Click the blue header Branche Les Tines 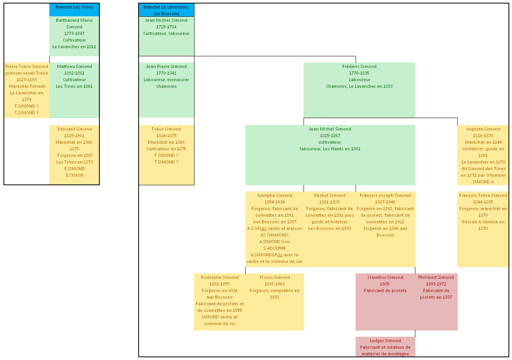click(74, 7)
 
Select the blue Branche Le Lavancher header click(166, 10)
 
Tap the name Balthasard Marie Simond click(74, 23)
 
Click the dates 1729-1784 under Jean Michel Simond click(166, 27)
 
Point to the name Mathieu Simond click(74, 66)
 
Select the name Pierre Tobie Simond click(27, 66)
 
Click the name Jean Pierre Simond click(166, 66)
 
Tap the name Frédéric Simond click(359, 66)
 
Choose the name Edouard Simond click(75, 129)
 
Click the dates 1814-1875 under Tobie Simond click(166, 136)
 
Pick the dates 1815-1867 click(330, 136)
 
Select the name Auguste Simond click(483, 129)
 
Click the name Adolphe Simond click(274, 195)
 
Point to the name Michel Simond click(330, 195)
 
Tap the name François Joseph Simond click(385, 195)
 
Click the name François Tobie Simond click(483, 195)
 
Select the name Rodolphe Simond click(220, 277)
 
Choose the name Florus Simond click(274, 277)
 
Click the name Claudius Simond click(385, 277)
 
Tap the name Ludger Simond click(385, 341)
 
